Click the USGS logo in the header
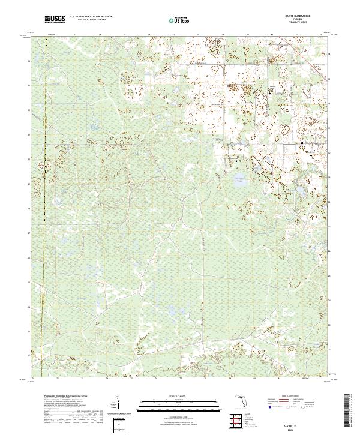tap(55, 20)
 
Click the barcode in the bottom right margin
tap(349, 412)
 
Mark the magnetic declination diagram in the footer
tap(118, 404)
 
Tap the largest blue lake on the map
tap(240, 178)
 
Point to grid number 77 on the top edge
tap(173, 35)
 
